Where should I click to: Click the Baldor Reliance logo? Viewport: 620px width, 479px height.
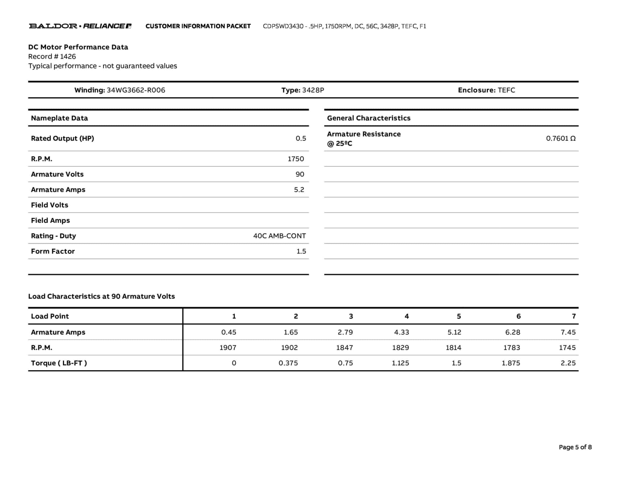80,26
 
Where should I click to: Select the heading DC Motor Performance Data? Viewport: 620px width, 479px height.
78,47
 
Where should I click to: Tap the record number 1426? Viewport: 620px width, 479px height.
68,56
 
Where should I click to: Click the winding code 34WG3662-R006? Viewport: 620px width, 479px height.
136,90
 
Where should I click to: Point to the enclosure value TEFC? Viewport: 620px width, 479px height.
506,90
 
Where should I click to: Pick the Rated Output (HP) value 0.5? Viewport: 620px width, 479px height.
301,138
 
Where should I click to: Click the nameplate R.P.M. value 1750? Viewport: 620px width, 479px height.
295,159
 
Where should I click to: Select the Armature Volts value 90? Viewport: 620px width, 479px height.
300,174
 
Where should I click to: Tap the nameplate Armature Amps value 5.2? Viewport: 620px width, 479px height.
299,190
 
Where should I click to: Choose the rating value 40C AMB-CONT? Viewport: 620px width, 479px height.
279,236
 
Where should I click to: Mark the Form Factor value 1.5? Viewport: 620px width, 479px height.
301,251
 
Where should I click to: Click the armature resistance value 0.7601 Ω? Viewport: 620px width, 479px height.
560,138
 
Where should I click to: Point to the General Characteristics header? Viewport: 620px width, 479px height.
368,118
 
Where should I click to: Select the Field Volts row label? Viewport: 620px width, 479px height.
50,205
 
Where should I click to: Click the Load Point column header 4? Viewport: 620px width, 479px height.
407,316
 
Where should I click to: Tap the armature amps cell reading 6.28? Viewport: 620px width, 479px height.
512,332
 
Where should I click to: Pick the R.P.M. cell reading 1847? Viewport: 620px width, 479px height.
344,348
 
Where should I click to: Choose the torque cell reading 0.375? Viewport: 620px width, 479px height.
288,363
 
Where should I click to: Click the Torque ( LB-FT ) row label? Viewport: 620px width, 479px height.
59,363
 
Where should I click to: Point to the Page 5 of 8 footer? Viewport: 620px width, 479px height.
575,447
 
